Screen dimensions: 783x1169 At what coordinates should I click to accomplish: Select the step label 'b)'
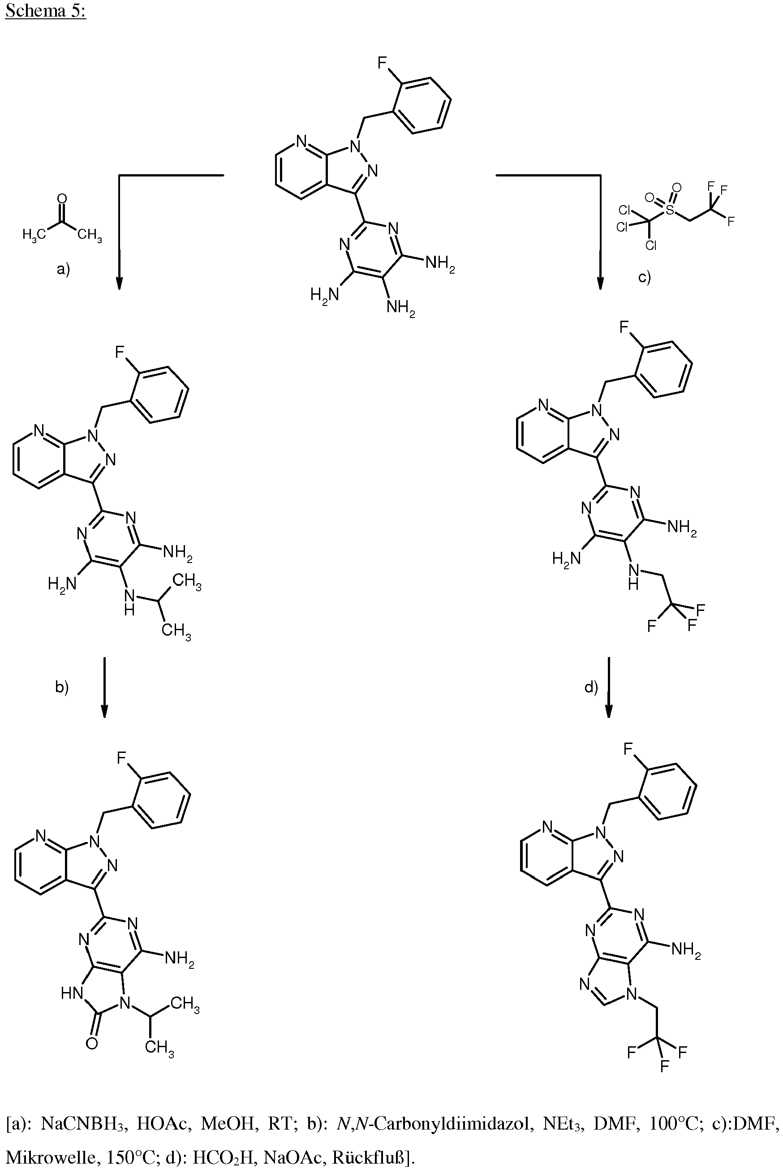61,687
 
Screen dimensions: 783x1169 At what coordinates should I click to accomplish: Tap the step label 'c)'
645,277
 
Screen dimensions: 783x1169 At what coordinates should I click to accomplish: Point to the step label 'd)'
591,687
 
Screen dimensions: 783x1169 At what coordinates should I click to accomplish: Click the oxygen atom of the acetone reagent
62,199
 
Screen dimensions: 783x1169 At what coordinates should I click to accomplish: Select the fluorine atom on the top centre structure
382,63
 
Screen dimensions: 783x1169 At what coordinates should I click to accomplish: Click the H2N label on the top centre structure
325,295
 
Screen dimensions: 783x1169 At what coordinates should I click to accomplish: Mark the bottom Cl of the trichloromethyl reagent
651,245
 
